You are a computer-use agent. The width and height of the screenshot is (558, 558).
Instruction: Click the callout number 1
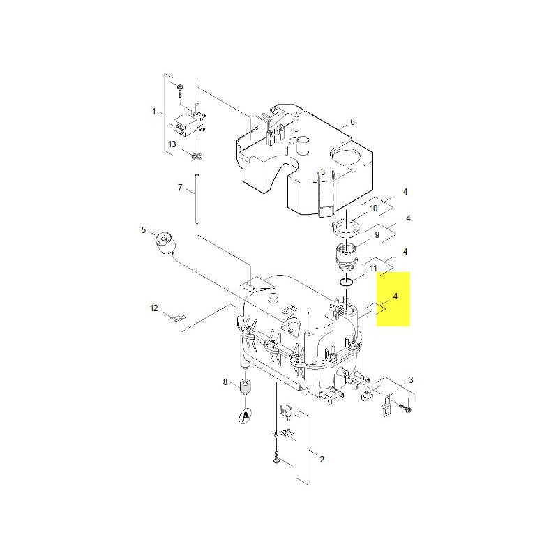(x=153, y=112)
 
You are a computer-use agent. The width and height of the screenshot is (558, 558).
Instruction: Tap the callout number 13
(x=172, y=144)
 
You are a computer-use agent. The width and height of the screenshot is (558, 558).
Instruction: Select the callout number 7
(x=180, y=187)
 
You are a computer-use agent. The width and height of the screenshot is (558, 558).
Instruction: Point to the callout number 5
(x=144, y=230)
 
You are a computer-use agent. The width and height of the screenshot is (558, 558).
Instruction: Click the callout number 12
(x=153, y=308)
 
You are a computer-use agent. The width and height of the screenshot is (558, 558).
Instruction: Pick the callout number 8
(x=225, y=382)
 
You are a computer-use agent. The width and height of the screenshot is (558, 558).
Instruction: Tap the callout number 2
(x=322, y=460)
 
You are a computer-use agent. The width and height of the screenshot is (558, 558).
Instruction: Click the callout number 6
(x=352, y=121)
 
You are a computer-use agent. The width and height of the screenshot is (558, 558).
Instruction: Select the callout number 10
(x=373, y=208)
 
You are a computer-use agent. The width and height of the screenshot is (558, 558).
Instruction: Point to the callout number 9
(x=377, y=235)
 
